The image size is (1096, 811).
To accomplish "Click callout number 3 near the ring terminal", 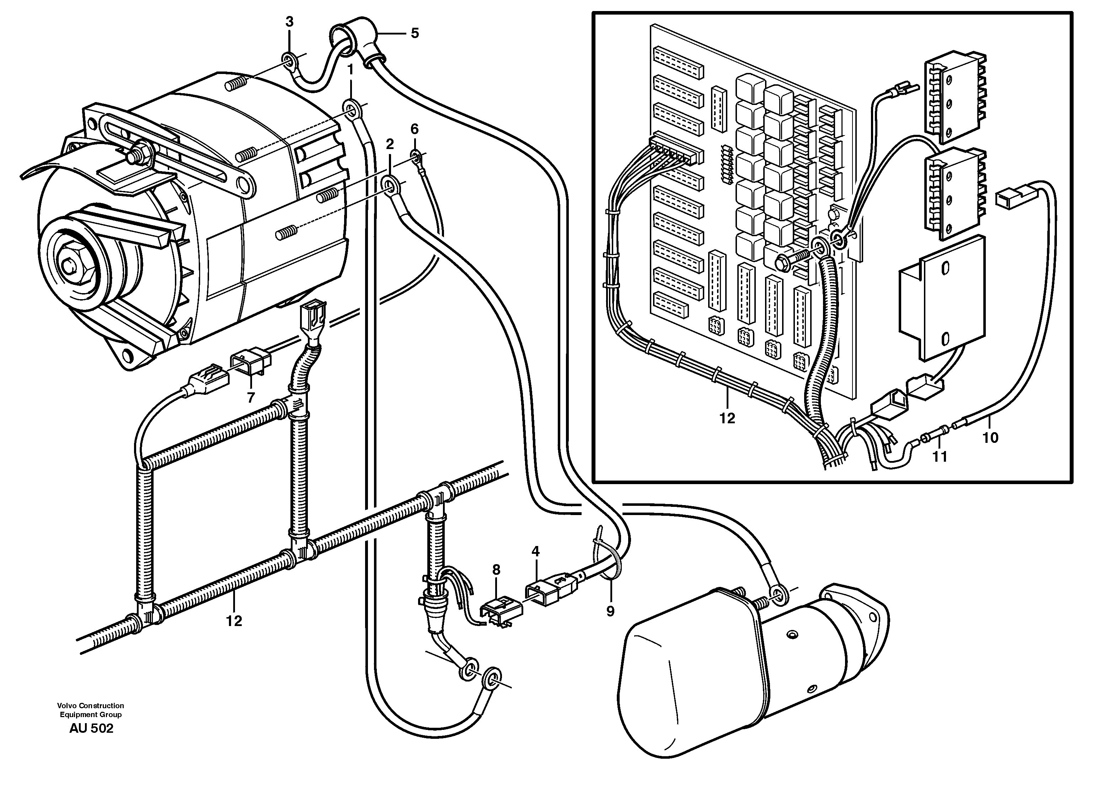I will coord(289,22).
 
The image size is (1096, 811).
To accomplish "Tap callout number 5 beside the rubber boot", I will coord(415,33).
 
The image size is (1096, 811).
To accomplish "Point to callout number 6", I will coord(415,129).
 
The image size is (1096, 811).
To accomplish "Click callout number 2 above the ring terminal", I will coord(390,144).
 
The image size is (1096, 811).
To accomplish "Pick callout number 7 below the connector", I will coord(251,398).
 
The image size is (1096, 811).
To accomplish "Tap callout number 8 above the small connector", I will coord(496,569).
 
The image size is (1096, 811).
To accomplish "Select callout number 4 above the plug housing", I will coord(535,551).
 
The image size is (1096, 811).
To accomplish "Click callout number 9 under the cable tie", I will coord(610,611).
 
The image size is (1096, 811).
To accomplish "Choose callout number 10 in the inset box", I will coord(990,438).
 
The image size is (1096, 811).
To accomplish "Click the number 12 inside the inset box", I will coord(727,418).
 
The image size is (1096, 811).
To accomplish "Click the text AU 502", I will coord(91,728).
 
